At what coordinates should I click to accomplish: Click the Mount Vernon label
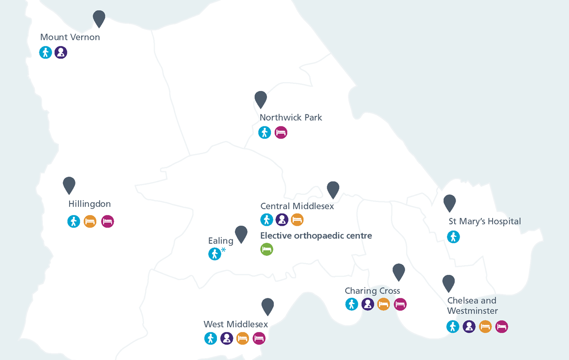pyautogui.click(x=70, y=37)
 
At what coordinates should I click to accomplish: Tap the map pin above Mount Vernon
pyautogui.click(x=99, y=18)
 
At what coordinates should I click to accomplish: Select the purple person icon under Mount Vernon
pyautogui.click(x=61, y=53)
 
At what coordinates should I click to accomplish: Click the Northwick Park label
pyautogui.click(x=291, y=118)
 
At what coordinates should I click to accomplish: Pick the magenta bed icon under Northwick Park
pyautogui.click(x=281, y=132)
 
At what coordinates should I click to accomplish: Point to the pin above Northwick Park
pyautogui.click(x=261, y=99)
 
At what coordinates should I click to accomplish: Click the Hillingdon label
pyautogui.click(x=89, y=204)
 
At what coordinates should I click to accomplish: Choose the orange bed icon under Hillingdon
pyautogui.click(x=90, y=222)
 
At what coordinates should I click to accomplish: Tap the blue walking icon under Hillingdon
pyautogui.click(x=73, y=222)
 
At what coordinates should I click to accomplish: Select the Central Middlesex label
pyautogui.click(x=297, y=206)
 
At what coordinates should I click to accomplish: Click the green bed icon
pyautogui.click(x=267, y=250)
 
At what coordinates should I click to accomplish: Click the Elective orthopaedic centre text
pyautogui.click(x=316, y=236)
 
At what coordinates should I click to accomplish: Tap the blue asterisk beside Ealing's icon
pyautogui.click(x=224, y=250)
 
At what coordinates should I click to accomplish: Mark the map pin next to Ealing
pyautogui.click(x=241, y=234)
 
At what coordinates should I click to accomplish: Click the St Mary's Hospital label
pyautogui.click(x=484, y=222)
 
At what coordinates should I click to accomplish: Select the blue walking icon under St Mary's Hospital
pyautogui.click(x=453, y=237)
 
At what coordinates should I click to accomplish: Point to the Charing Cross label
pyautogui.click(x=372, y=291)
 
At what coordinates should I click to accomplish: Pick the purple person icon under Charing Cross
pyautogui.click(x=368, y=305)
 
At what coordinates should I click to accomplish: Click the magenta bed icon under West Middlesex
pyautogui.click(x=259, y=338)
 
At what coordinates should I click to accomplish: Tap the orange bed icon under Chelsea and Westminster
pyautogui.click(x=485, y=326)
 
